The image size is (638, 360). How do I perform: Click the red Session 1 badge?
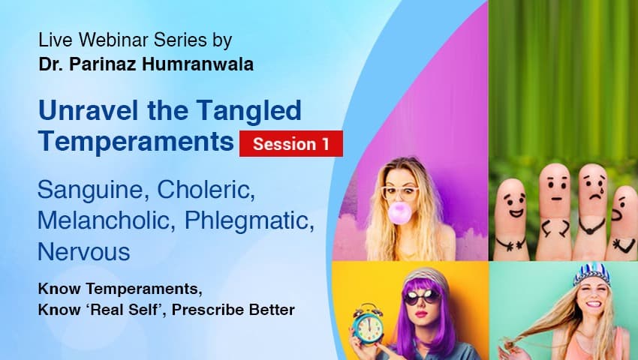pos(290,143)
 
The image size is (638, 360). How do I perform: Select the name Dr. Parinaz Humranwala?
pos(146,64)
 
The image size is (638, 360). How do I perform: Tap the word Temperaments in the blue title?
pos(135,141)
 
